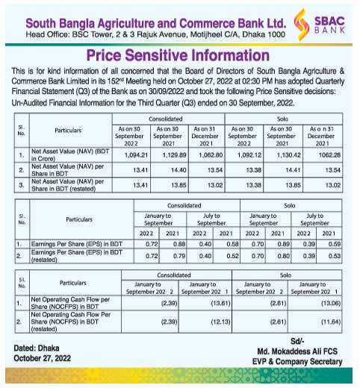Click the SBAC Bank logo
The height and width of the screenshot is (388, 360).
click(x=314, y=23)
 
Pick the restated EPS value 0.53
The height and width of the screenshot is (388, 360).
click(x=332, y=256)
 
